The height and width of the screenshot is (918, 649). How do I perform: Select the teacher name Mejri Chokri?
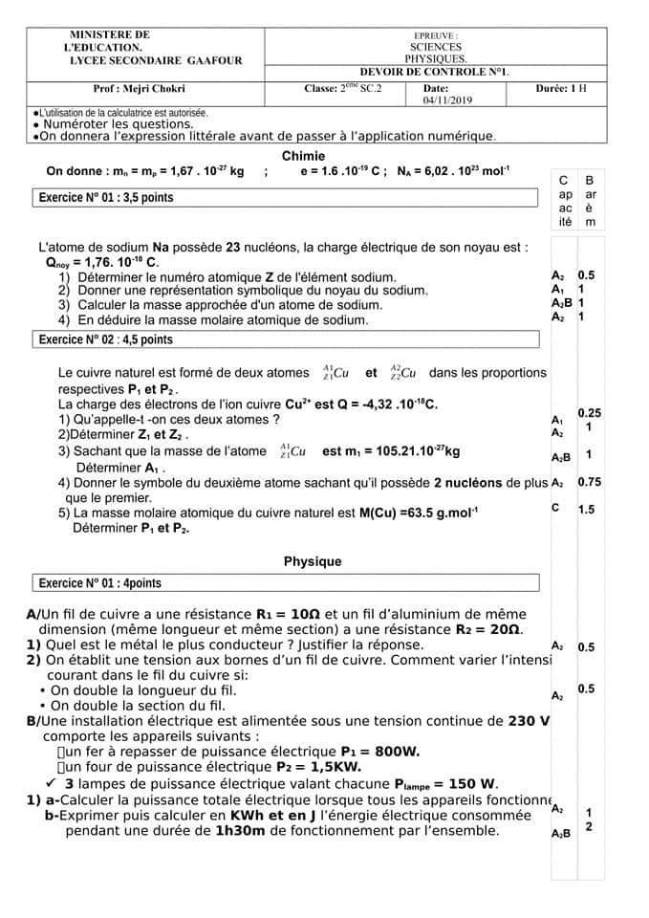(x=140, y=89)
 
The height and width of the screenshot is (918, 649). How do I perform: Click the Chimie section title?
(x=303, y=156)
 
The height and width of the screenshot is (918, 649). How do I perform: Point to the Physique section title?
(x=313, y=561)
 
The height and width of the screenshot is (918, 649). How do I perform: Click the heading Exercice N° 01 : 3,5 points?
(x=105, y=198)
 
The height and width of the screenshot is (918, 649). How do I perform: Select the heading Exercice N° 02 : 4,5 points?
(x=105, y=339)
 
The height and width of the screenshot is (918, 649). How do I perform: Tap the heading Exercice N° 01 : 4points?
(x=99, y=583)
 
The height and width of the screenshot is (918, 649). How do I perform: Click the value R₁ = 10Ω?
(x=289, y=614)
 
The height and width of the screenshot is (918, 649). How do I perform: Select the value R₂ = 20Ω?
(x=488, y=630)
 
